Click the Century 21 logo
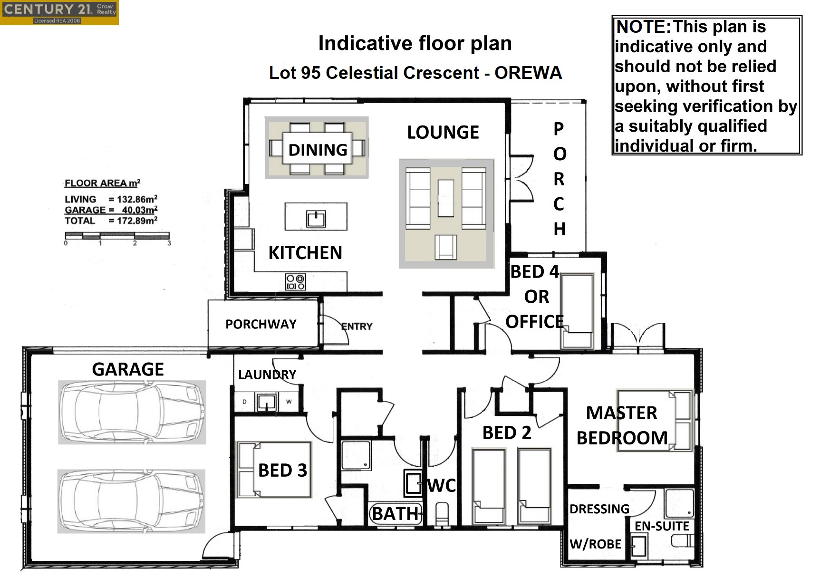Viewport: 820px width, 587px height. click(x=59, y=12)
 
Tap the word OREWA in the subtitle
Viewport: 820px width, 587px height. click(x=528, y=73)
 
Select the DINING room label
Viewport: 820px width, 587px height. click(x=318, y=150)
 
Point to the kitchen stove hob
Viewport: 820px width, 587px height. click(x=295, y=282)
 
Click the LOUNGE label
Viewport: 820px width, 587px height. click(x=443, y=132)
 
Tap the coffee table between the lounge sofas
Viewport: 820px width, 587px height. click(x=446, y=198)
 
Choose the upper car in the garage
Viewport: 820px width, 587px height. click(x=132, y=412)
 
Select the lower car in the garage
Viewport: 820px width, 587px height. click(x=131, y=501)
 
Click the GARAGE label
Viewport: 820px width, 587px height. click(x=128, y=369)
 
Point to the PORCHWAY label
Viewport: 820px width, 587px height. click(x=261, y=324)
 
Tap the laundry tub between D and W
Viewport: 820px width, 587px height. click(x=267, y=402)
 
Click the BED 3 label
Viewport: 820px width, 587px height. click(x=282, y=470)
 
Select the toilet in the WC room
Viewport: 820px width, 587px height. click(x=442, y=514)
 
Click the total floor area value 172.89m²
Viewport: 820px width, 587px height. click(x=137, y=221)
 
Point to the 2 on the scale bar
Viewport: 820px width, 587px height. click(x=135, y=243)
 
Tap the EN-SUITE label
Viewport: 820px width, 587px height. click(x=662, y=526)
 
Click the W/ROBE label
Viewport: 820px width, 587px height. click(x=595, y=544)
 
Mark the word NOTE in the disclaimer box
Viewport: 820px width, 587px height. click(x=643, y=27)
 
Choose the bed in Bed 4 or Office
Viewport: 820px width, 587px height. click(x=577, y=311)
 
